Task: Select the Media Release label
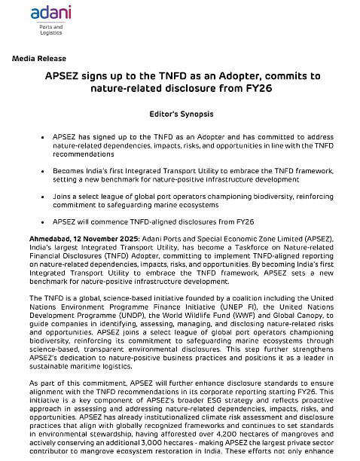click(38, 59)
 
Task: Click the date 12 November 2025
click(99, 238)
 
